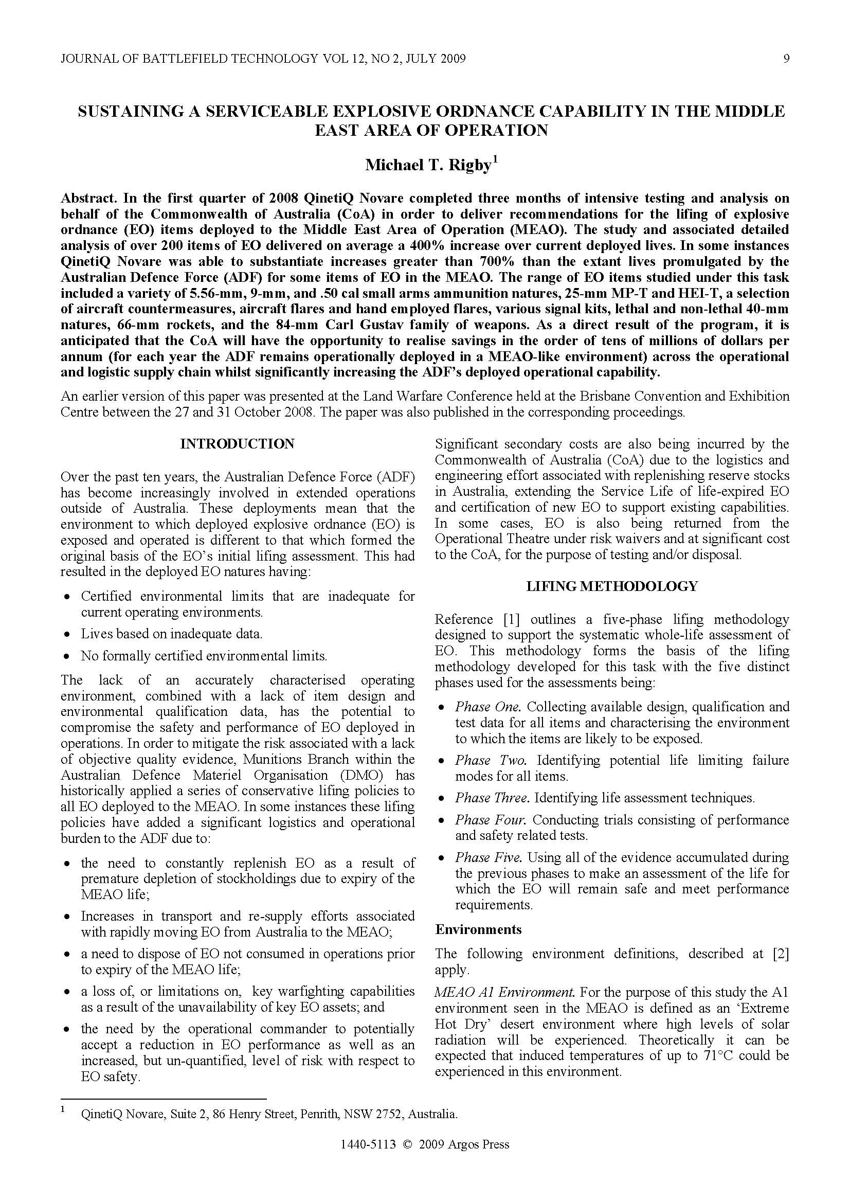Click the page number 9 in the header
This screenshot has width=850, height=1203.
pyautogui.click(x=786, y=58)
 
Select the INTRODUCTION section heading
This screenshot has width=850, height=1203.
pyautogui.click(x=237, y=444)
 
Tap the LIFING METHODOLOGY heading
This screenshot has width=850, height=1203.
pyautogui.click(x=612, y=586)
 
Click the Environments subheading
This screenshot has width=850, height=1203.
pyautogui.click(x=478, y=929)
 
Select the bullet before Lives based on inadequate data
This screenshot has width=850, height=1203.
pyautogui.click(x=66, y=635)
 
